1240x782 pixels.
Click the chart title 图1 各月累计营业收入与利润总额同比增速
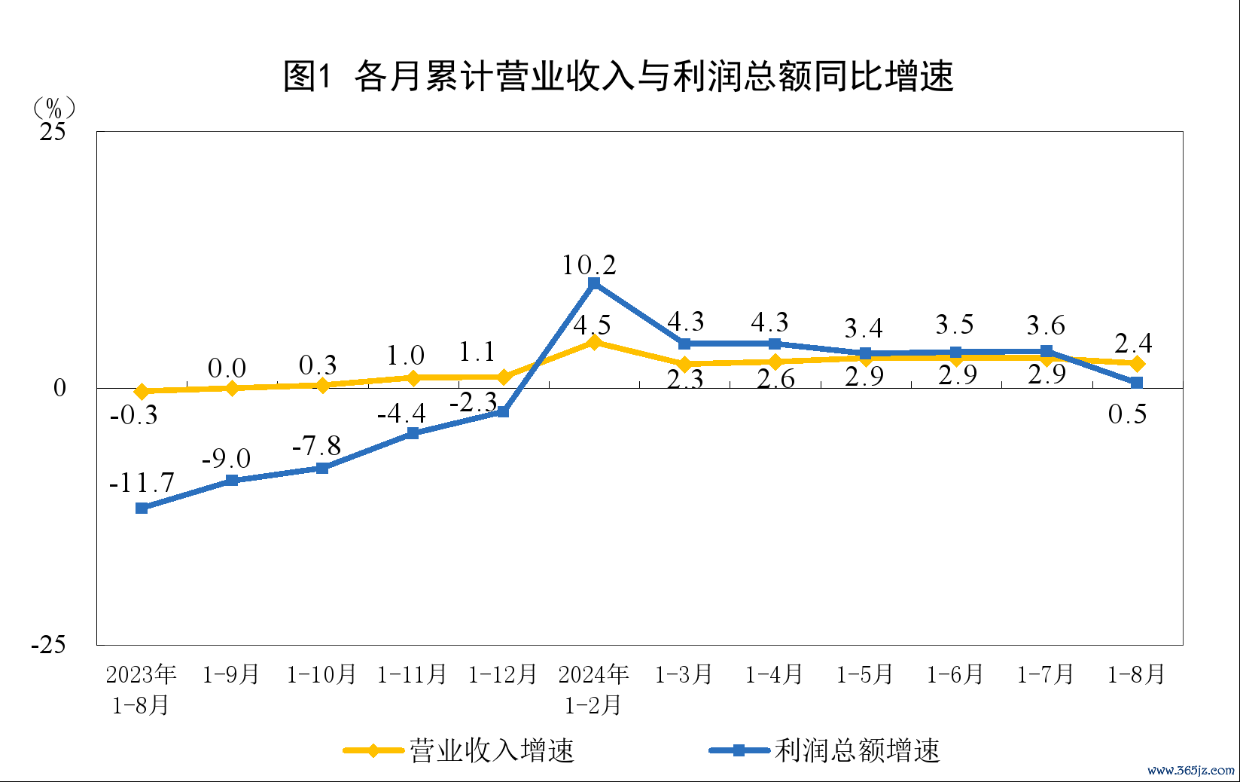click(619, 76)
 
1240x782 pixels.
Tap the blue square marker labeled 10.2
click(594, 283)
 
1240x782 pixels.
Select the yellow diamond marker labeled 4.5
click(594, 343)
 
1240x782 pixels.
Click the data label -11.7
click(142, 483)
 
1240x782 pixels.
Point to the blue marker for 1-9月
click(232, 480)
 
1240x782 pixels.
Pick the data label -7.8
click(316, 446)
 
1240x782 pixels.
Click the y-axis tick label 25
click(53, 132)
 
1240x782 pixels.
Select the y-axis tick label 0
click(59, 388)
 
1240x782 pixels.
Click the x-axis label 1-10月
click(321, 674)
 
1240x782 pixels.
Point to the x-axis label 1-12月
click(503, 674)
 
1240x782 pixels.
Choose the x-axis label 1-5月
click(864, 674)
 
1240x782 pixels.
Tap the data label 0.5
click(1127, 414)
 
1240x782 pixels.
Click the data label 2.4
click(1133, 344)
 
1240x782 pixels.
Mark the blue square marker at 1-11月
click(413, 433)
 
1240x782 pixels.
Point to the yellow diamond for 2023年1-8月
click(142, 391)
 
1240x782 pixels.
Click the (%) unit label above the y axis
click(53, 108)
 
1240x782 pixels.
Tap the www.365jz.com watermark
click(1191, 770)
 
